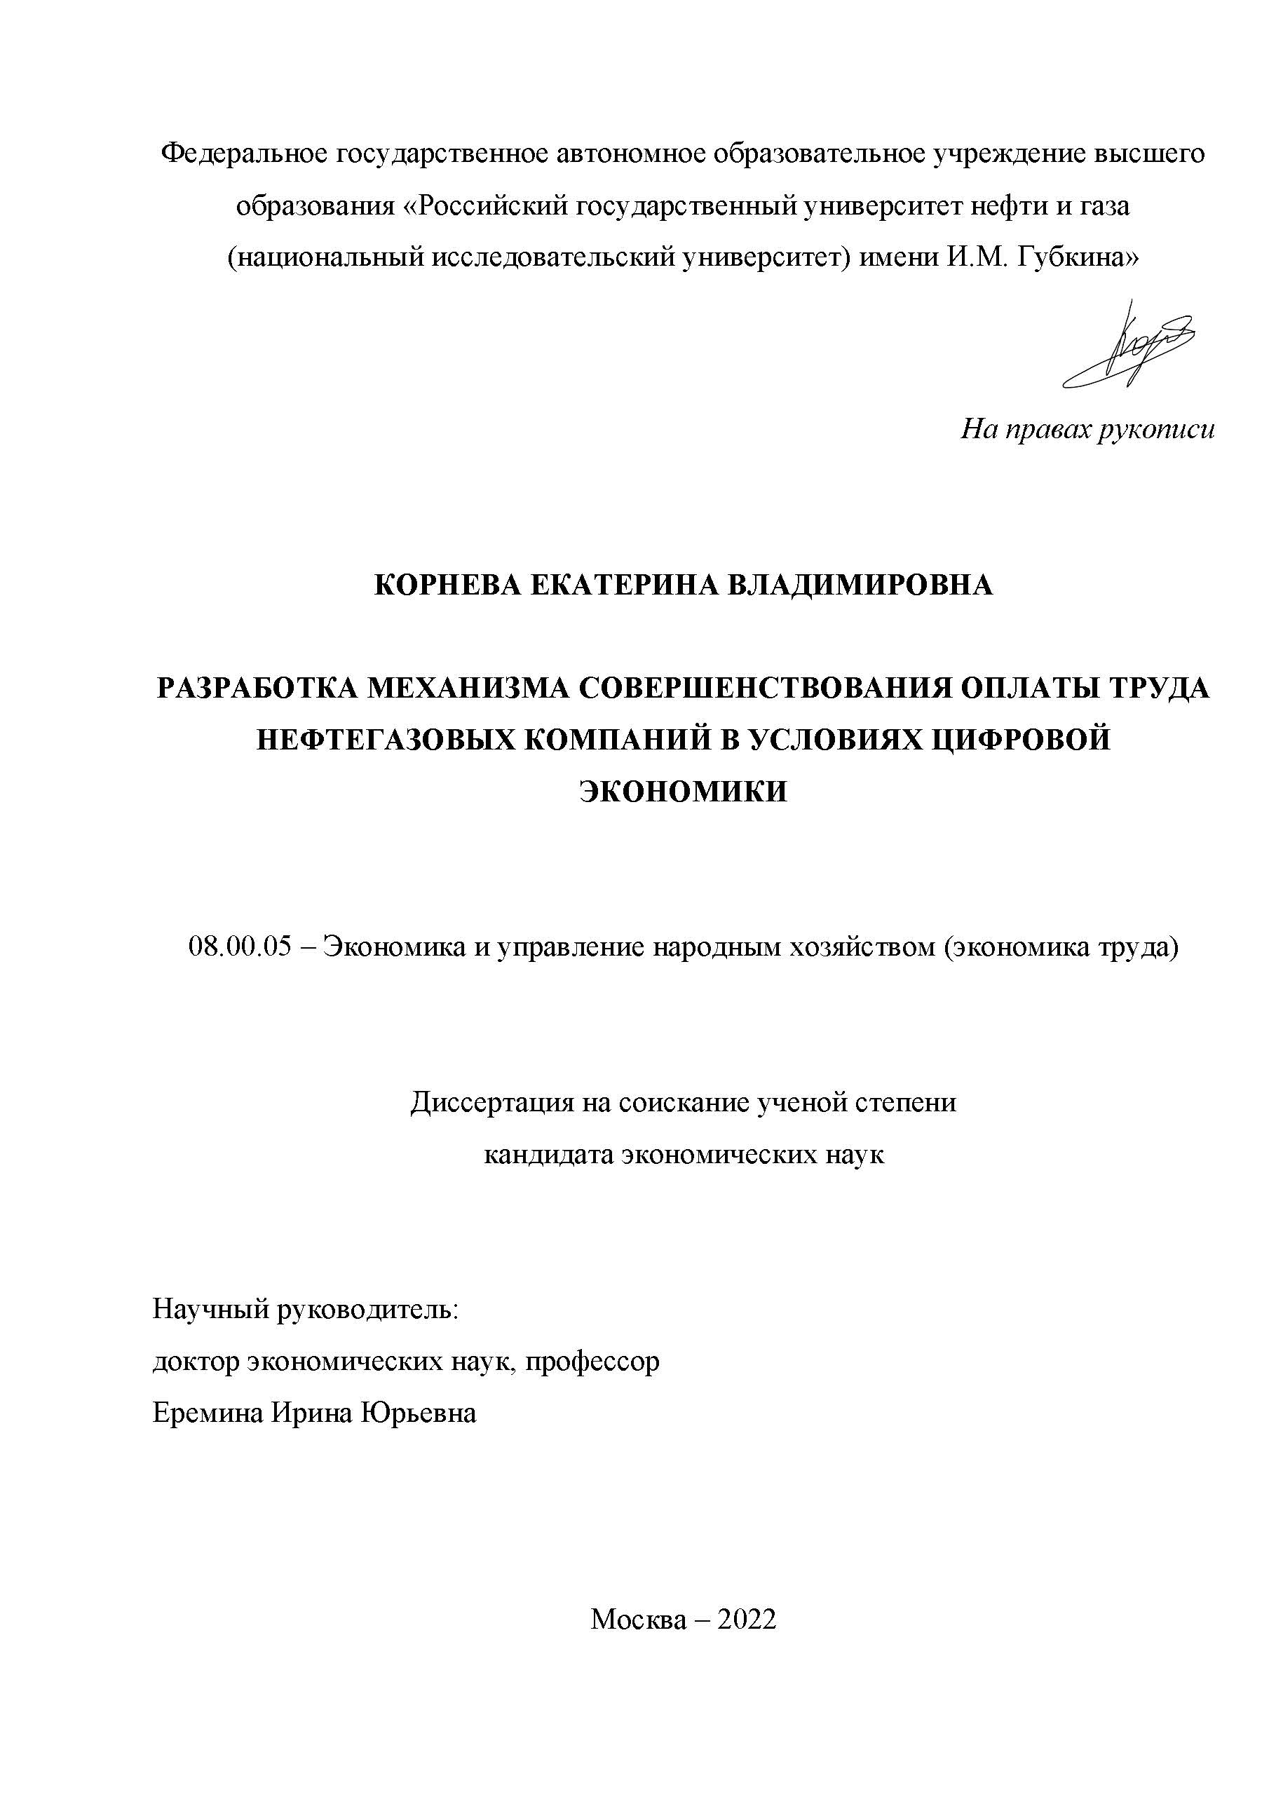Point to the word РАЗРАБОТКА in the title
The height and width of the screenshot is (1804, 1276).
coord(256,689)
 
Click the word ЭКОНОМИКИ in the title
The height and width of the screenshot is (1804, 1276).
coord(683,791)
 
